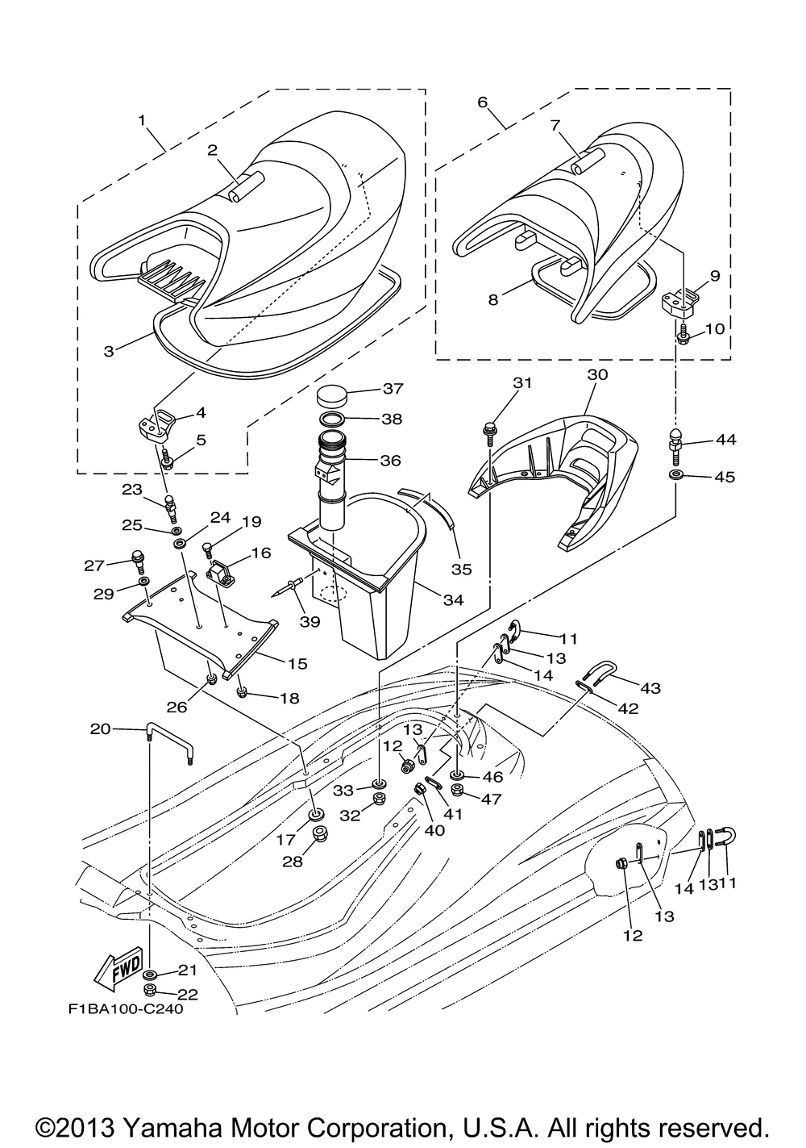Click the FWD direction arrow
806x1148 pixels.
click(x=118, y=970)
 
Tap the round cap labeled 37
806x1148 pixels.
click(x=332, y=394)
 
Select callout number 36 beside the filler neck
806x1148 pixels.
click(x=390, y=460)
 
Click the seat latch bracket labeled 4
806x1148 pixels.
click(x=157, y=425)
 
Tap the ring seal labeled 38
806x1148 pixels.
click(x=332, y=420)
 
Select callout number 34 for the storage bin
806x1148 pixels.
click(x=453, y=599)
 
